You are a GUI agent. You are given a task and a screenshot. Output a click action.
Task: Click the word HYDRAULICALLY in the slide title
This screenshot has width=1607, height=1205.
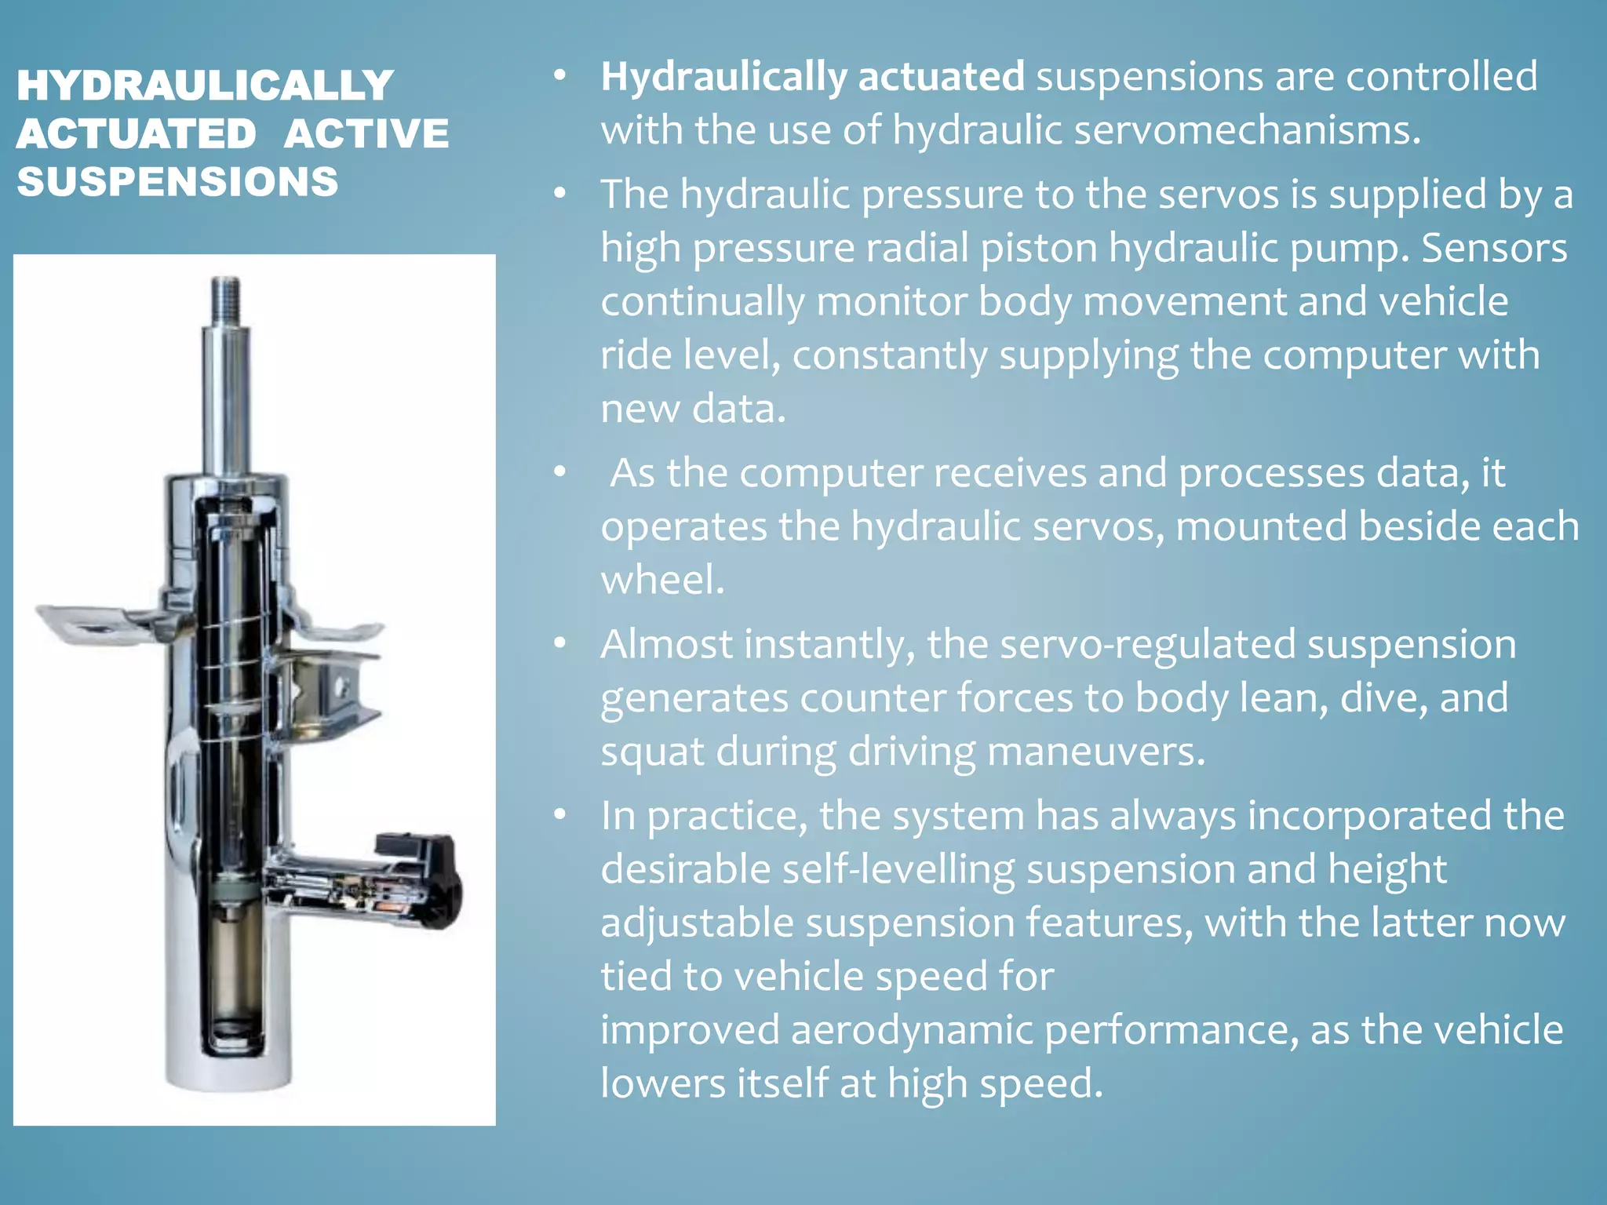click(205, 86)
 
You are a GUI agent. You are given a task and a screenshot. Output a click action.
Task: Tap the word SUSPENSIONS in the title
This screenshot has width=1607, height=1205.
click(177, 182)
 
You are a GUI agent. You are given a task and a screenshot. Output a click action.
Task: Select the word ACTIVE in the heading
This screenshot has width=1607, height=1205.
click(366, 133)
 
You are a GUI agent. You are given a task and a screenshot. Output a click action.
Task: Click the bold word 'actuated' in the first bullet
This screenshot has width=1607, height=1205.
click(941, 77)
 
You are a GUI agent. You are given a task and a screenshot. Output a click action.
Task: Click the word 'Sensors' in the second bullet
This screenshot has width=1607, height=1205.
click(1494, 248)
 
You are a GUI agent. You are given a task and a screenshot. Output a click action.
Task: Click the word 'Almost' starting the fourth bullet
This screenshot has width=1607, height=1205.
click(666, 644)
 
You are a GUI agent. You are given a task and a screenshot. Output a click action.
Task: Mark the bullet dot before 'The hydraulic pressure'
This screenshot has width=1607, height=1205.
click(559, 194)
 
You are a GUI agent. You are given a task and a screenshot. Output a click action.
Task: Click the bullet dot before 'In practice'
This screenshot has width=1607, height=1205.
click(559, 815)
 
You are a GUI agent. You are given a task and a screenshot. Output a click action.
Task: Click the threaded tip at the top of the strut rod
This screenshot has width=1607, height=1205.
click(226, 294)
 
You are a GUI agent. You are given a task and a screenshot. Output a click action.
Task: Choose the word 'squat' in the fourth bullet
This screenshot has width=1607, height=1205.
click(652, 752)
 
